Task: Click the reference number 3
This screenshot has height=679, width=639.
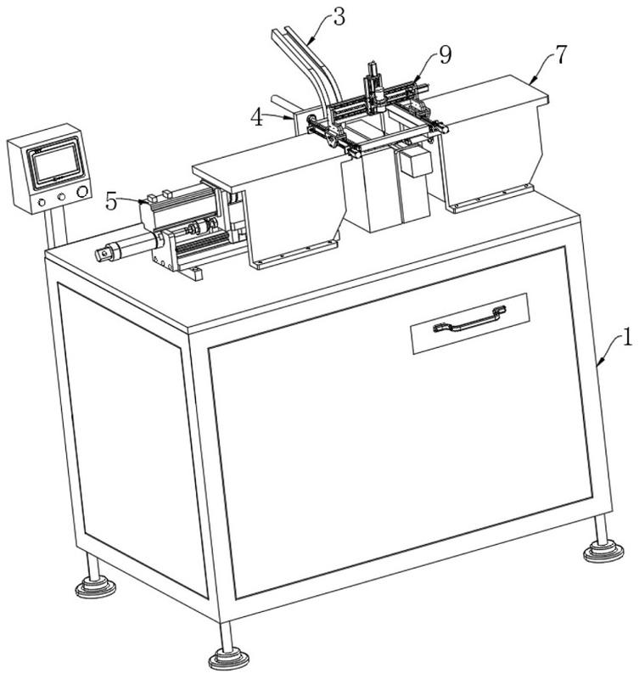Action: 339,18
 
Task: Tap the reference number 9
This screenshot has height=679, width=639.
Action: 445,55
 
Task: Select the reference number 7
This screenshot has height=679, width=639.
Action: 561,55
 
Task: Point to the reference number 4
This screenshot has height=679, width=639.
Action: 258,117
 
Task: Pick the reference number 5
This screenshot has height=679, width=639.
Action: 112,202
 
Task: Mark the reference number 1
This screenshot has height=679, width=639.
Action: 627,336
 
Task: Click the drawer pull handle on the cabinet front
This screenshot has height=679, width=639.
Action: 470,320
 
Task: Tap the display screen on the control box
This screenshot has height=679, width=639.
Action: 55,166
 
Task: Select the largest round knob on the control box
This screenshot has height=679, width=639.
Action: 82,192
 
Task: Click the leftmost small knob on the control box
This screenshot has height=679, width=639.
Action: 42,202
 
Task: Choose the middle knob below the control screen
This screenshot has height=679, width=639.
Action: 61,197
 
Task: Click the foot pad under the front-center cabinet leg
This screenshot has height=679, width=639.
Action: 229,660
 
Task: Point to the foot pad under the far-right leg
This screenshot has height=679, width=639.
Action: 603,553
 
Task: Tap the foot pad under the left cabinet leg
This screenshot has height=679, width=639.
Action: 95,587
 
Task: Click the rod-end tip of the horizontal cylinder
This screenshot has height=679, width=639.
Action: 103,253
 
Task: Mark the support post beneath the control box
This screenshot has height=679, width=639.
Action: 57,227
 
